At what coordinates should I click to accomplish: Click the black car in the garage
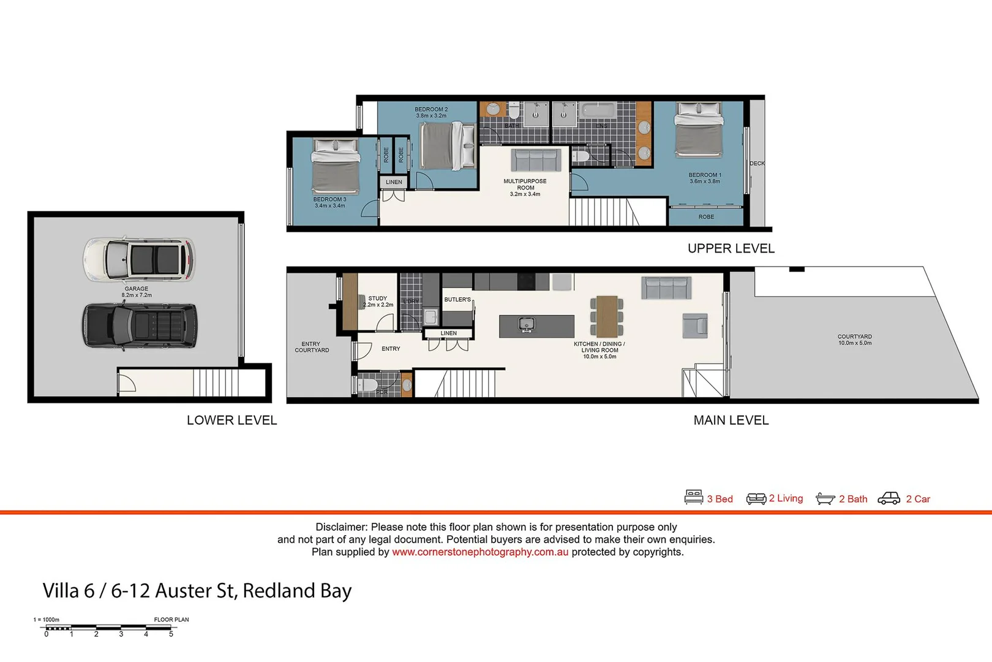click(140, 326)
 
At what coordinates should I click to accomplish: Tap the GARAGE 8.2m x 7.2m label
click(137, 292)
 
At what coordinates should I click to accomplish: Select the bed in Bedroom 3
click(335, 167)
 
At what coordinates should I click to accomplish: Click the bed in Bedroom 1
click(699, 130)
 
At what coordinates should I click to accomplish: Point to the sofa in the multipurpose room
click(536, 160)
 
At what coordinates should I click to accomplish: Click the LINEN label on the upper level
click(394, 182)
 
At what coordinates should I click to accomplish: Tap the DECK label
click(757, 164)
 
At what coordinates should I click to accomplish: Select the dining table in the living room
click(607, 316)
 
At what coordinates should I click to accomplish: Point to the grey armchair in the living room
click(695, 325)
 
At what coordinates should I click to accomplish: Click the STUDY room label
click(378, 299)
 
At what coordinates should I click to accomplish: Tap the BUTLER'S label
click(457, 300)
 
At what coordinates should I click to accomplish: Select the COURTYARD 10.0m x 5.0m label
click(855, 340)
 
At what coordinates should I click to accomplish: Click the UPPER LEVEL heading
click(731, 248)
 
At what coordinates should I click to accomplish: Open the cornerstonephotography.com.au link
click(480, 552)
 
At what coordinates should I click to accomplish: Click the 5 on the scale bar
click(171, 634)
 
